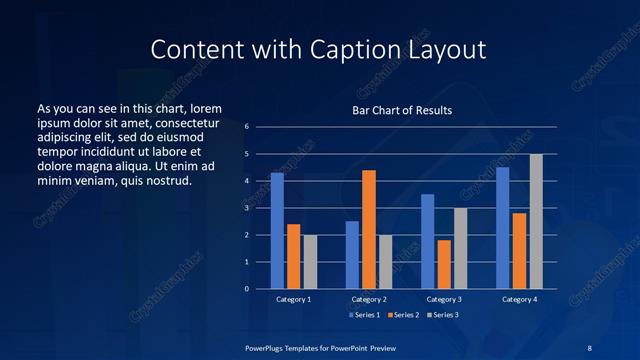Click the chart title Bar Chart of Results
(x=402, y=110)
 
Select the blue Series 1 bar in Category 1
(x=277, y=231)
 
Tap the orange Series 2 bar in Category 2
(x=369, y=229)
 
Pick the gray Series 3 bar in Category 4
(x=536, y=221)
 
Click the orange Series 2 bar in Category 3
(x=444, y=264)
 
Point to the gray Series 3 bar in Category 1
(x=310, y=262)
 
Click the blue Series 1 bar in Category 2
(x=352, y=255)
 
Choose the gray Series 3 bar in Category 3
(x=461, y=248)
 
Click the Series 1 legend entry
(x=363, y=315)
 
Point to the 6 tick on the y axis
(x=247, y=127)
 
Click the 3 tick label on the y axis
(x=247, y=208)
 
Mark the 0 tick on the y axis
(x=247, y=289)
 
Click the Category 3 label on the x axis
(x=444, y=299)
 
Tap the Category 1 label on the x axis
(x=293, y=299)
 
